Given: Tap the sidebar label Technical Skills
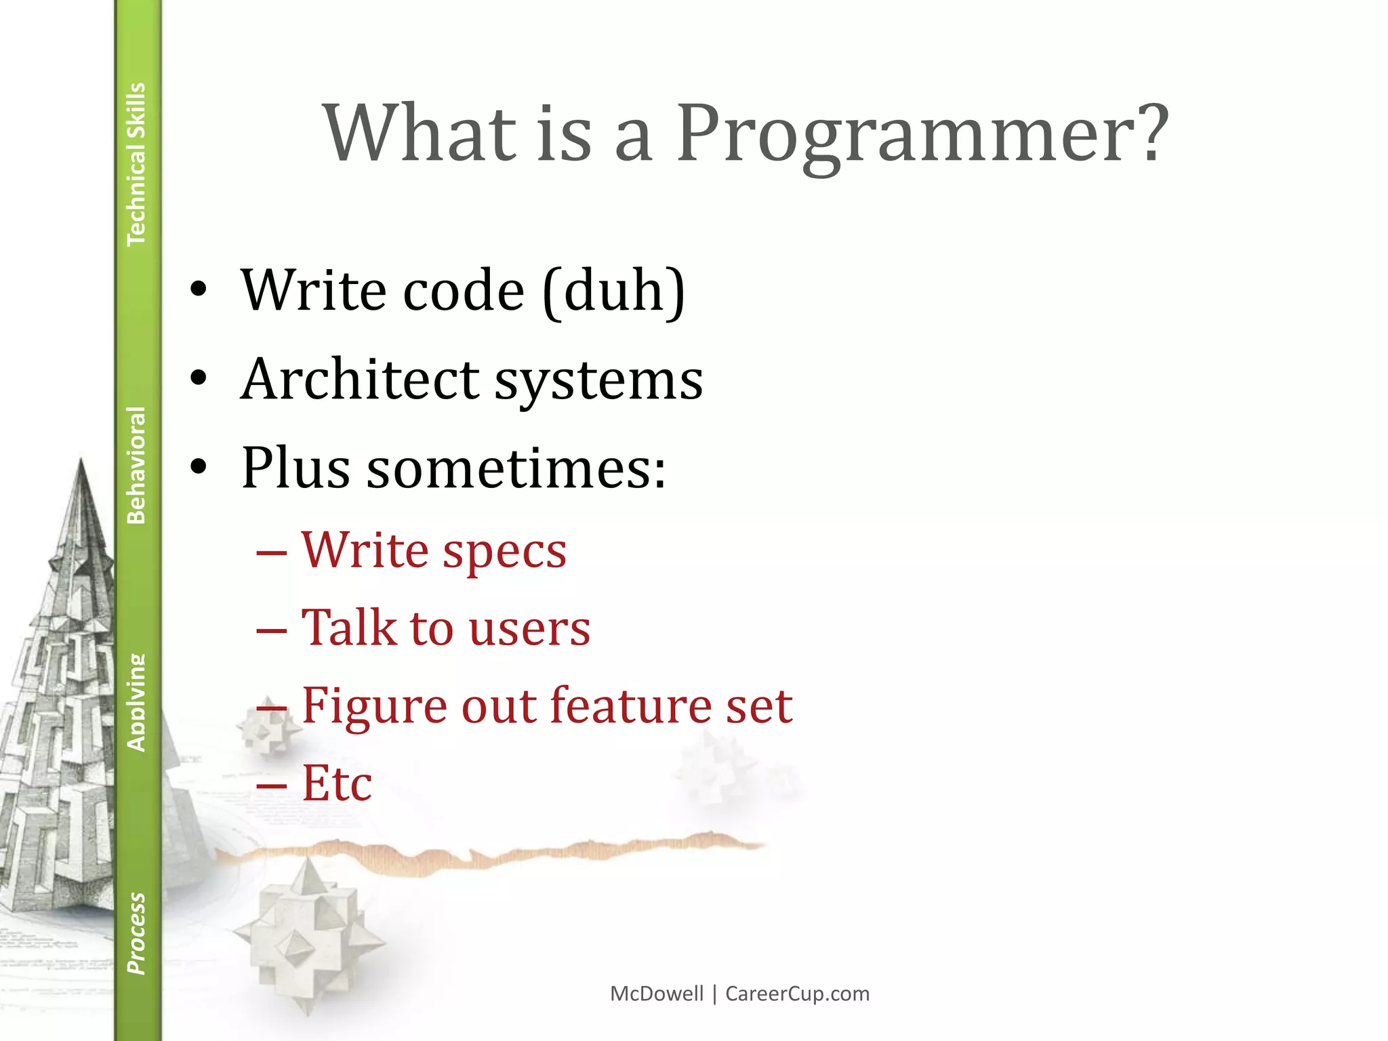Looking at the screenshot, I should click(136, 164).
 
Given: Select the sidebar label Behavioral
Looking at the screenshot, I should click(136, 465).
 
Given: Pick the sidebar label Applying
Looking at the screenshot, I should click(136, 703).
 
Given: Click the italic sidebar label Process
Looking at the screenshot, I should click(136, 933).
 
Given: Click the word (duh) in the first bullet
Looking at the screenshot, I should click(614, 291).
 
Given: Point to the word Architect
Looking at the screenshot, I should click(360, 380).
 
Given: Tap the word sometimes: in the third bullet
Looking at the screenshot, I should click(516, 469).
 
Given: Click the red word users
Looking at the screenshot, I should click(529, 629).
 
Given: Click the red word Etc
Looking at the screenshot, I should click(337, 784).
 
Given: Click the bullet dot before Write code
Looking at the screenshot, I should click(198, 290).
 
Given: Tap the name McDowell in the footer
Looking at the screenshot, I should click(657, 994).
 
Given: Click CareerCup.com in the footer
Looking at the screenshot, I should click(797, 994).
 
